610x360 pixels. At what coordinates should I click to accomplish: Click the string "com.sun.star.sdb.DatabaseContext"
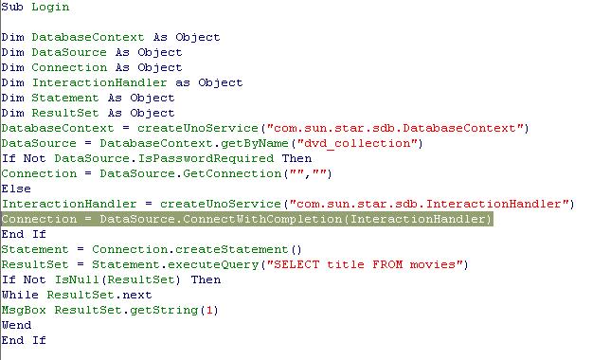(395, 128)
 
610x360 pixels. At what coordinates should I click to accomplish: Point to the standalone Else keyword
(16, 189)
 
